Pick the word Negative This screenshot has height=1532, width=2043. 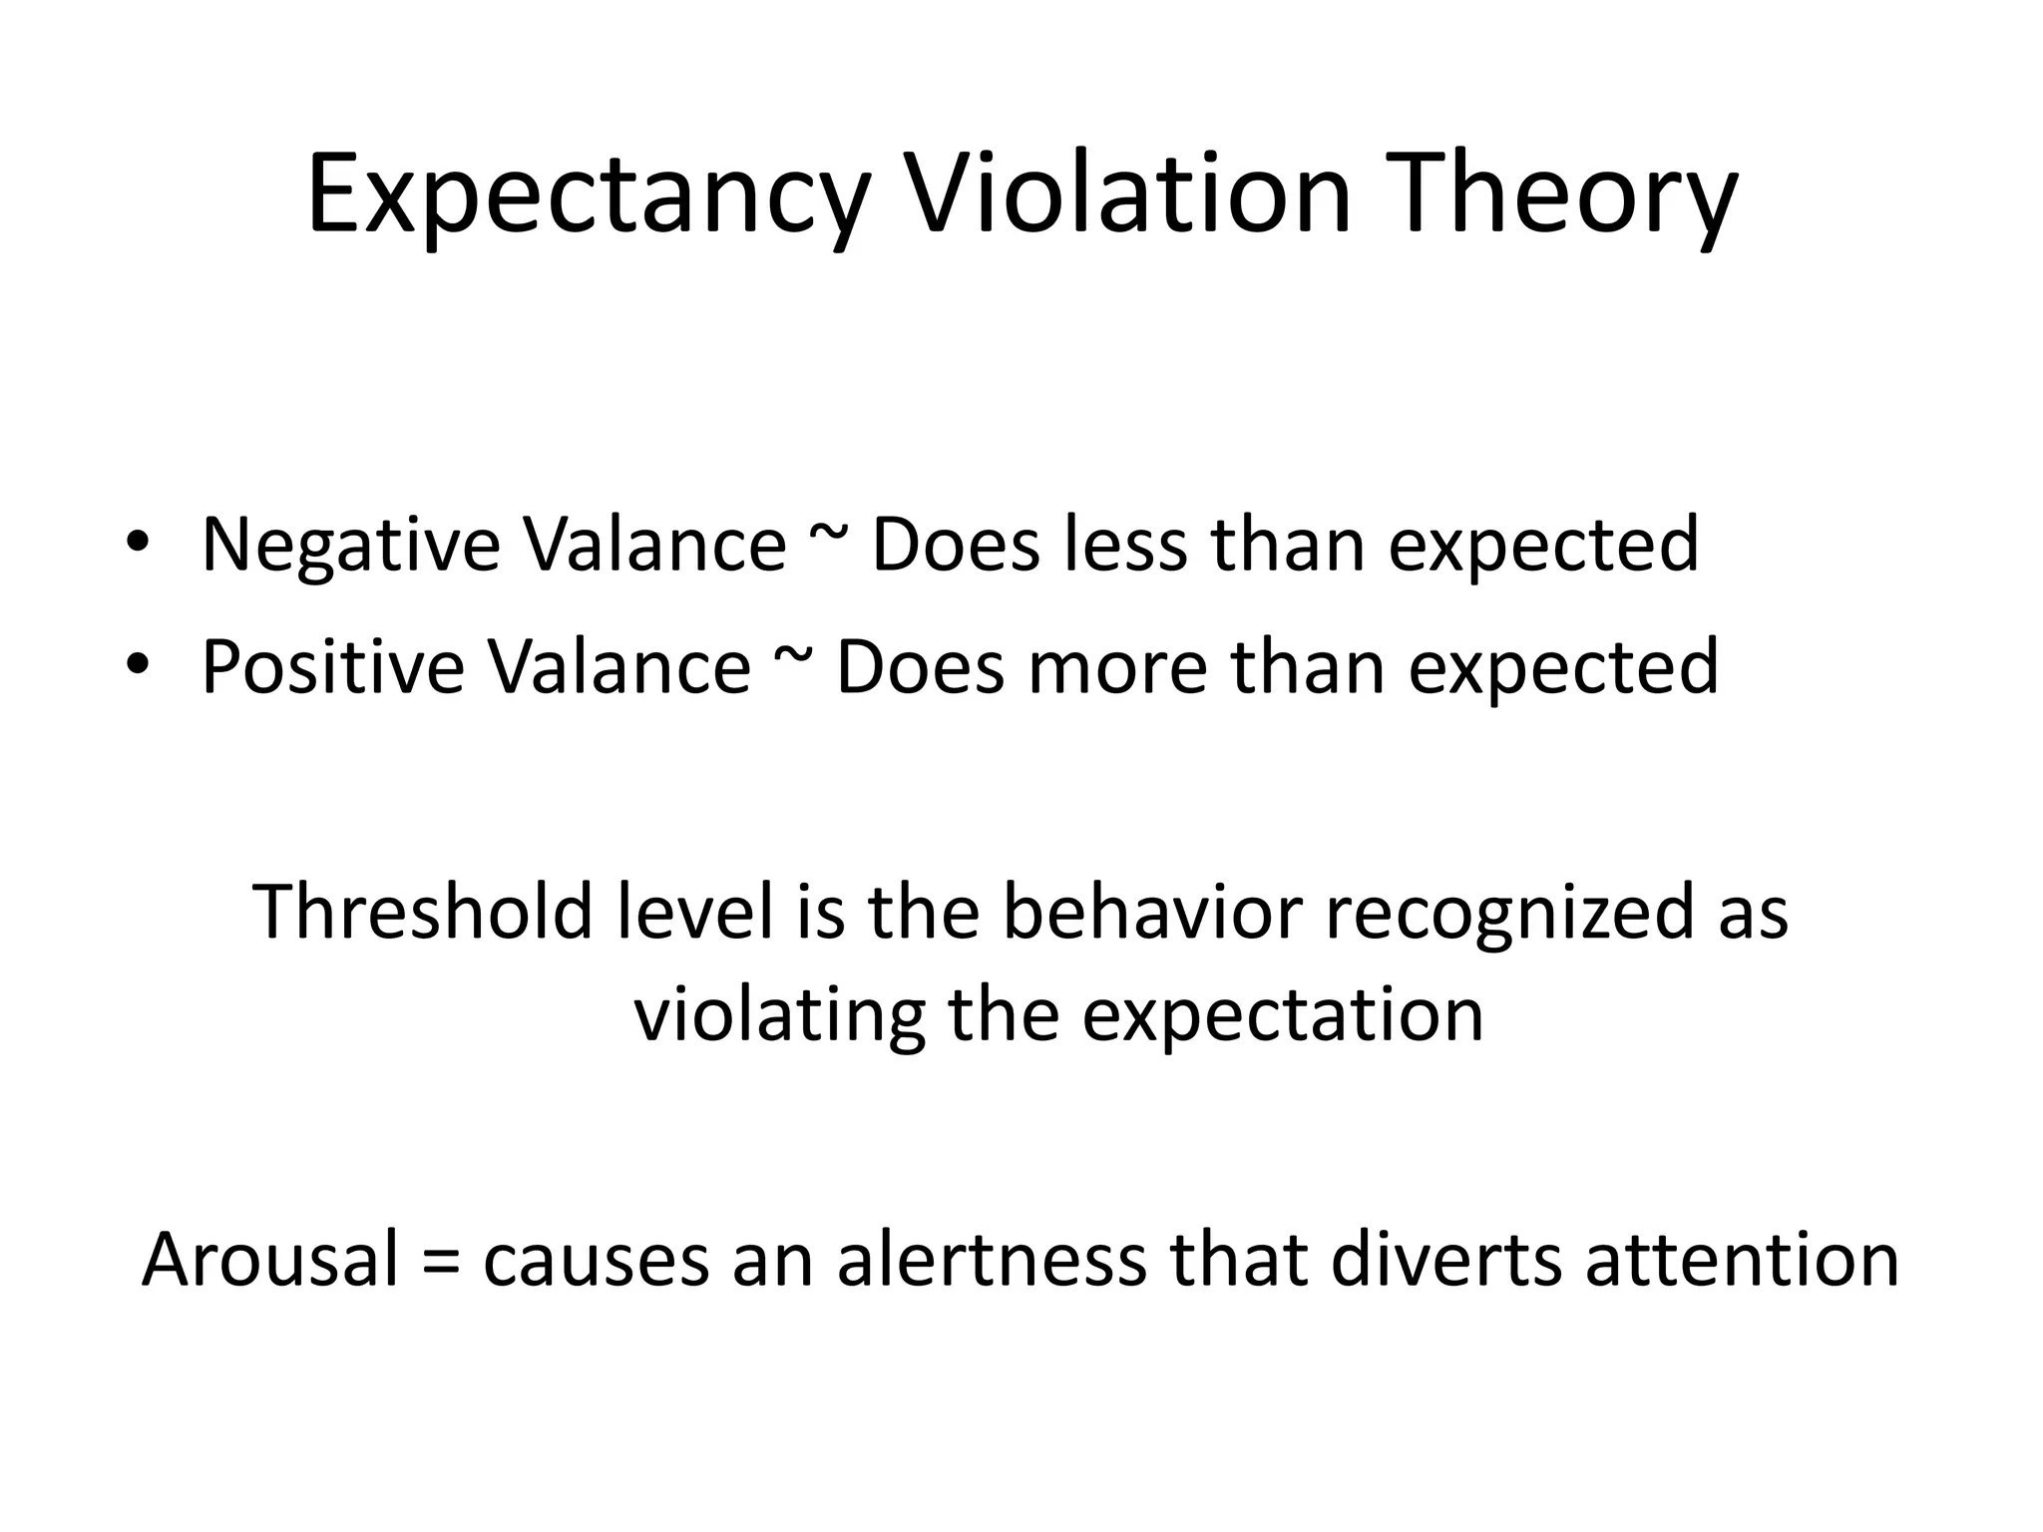point(350,546)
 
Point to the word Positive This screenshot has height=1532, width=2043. point(332,667)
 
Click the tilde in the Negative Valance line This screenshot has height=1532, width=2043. point(828,539)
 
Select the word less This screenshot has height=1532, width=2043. point(1125,546)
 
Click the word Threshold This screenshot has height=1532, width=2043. point(424,912)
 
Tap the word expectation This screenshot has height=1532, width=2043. point(1282,1015)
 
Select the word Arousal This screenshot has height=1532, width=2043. point(269,1260)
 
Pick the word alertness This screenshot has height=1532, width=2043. point(993,1260)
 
